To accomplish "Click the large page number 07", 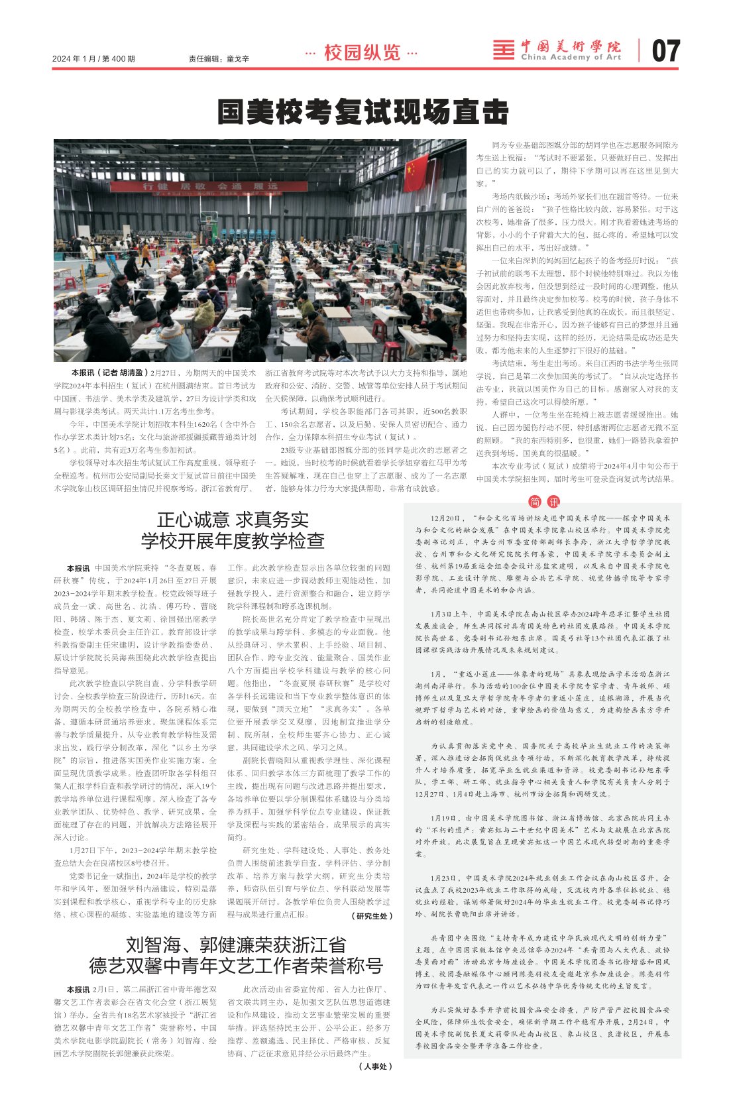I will click(665, 51).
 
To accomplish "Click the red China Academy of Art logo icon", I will click(504, 50).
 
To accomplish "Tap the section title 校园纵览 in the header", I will click(362, 52).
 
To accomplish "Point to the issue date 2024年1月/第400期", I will click(93, 59).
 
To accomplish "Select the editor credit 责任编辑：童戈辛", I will click(219, 59).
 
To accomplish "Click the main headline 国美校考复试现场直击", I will click(363, 112).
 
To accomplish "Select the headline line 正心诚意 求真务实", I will click(233, 519).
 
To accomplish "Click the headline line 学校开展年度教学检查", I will click(233, 541).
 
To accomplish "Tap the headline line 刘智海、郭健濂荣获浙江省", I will click(236, 944).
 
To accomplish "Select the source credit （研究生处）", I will click(372, 915).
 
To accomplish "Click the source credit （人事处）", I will click(375, 1066).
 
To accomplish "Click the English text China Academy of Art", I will click(571, 58).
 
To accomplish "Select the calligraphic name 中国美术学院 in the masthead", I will click(571, 46).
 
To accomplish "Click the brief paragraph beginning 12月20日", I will click(542, 553).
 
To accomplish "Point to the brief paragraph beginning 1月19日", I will click(542, 836).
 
